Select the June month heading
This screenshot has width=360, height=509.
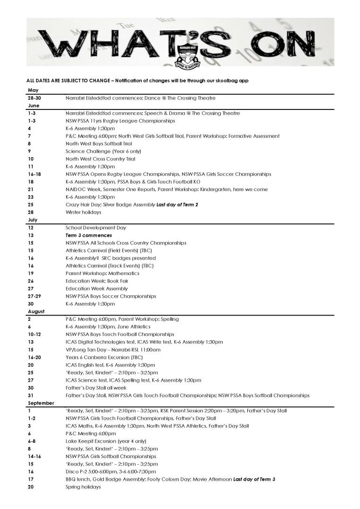33,106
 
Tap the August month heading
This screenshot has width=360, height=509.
36,311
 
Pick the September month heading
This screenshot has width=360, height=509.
41,403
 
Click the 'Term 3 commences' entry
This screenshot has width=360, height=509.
89,235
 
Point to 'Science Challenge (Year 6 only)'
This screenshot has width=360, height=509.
103,151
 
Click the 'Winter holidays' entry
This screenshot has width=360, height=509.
83,212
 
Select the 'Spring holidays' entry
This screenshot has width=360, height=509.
83,487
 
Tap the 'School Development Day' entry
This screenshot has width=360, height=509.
96,227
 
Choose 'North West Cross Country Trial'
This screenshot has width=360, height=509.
100,159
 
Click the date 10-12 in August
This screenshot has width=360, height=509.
34,334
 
